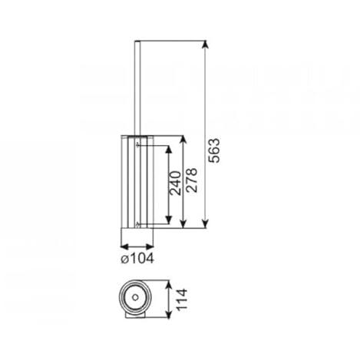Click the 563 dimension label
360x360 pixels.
214,150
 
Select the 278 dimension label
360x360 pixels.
192,180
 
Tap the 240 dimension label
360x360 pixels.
175,183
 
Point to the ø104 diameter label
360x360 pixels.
137,259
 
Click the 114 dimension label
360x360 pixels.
182,299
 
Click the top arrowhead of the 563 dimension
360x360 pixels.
205,45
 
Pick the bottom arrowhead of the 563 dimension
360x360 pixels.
205,223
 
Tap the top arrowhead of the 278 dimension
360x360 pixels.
183,140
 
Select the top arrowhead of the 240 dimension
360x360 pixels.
168,150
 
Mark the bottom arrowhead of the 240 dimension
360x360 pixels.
168,220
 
